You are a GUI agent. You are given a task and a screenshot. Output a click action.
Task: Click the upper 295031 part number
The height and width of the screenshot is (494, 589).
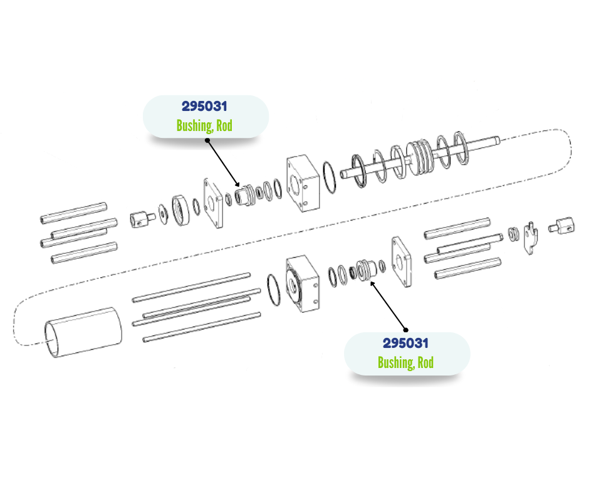click(x=204, y=107)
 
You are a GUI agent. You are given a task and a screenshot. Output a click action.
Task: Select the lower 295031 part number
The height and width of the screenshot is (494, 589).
click(x=405, y=344)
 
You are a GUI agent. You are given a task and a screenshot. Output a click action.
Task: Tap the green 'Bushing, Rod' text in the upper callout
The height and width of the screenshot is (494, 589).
click(x=204, y=125)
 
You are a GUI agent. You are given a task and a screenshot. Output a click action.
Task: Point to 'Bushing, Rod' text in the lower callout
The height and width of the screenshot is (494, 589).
click(x=405, y=362)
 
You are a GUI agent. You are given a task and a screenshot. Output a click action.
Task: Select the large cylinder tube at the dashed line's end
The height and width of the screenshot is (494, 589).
click(x=83, y=332)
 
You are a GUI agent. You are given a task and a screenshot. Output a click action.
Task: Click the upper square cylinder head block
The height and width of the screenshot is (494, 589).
click(x=303, y=183)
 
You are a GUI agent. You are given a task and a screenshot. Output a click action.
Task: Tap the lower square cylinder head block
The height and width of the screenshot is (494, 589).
click(x=303, y=284)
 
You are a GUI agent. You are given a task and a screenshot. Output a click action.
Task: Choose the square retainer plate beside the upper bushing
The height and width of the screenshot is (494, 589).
click(x=213, y=203)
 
